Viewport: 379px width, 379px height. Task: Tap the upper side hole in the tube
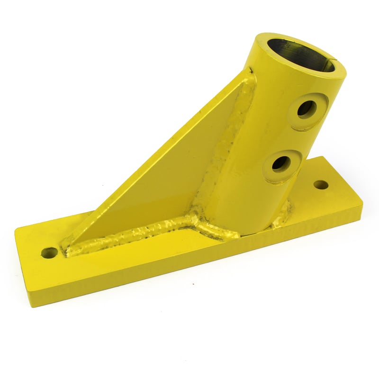[x=307, y=108]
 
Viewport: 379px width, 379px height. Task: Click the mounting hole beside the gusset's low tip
[x=48, y=253]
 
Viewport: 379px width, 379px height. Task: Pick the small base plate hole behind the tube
[x=321, y=184]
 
